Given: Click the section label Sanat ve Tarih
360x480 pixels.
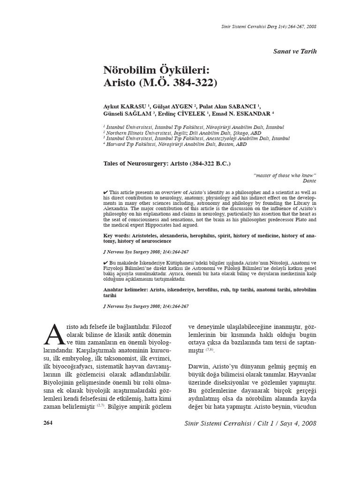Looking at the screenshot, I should (x=295, y=51).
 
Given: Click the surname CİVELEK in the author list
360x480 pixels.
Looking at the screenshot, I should (x=191, y=113).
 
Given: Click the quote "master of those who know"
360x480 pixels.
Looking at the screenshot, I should (x=285, y=175).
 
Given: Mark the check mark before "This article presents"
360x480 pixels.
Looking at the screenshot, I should (x=105, y=193).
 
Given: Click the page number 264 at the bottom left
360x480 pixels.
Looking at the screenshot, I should (x=48, y=423).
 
